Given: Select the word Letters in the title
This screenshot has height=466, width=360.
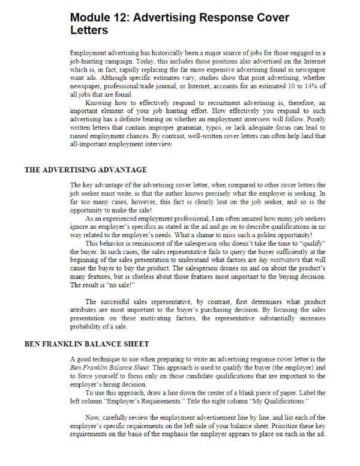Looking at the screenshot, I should point(89,30).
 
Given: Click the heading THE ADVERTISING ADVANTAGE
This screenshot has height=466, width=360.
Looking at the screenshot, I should point(85,170).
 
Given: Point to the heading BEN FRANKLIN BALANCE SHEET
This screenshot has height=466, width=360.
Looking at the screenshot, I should point(86,344).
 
